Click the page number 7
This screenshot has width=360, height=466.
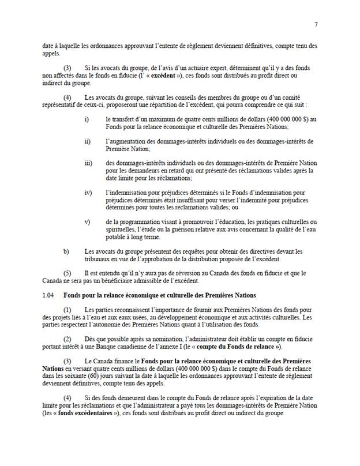pos(316,24)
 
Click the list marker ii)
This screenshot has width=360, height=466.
pos(87,141)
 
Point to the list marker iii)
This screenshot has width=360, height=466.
pos(88,163)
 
